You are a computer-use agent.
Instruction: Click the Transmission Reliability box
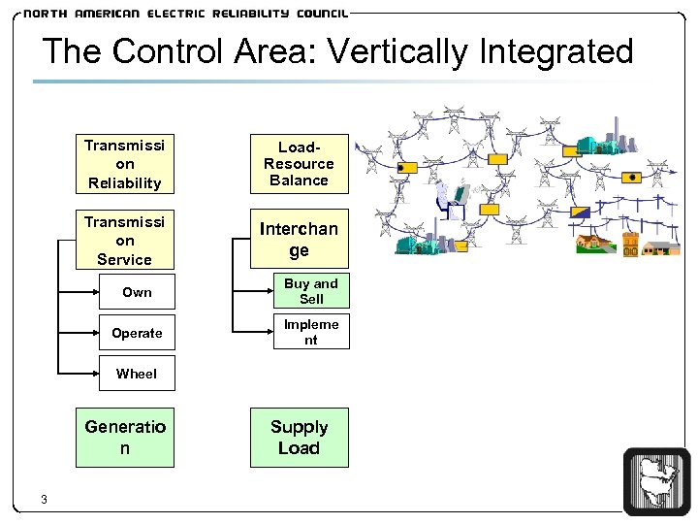125,163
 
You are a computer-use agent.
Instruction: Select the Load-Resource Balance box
299,163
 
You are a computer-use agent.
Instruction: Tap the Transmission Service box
125,240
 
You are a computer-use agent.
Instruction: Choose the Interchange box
299,239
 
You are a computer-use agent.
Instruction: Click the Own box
137,291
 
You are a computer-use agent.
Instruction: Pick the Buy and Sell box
310,291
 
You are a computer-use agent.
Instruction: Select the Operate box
137,333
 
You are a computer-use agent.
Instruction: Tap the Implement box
310,332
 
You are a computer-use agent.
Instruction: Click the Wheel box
137,373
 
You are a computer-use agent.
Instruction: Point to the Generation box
125,438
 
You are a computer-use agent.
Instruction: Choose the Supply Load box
299,438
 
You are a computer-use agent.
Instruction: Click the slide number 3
45,500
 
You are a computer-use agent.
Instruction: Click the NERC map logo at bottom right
656,480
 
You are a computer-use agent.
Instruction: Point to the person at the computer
452,198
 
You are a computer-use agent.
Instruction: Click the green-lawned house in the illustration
592,242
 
